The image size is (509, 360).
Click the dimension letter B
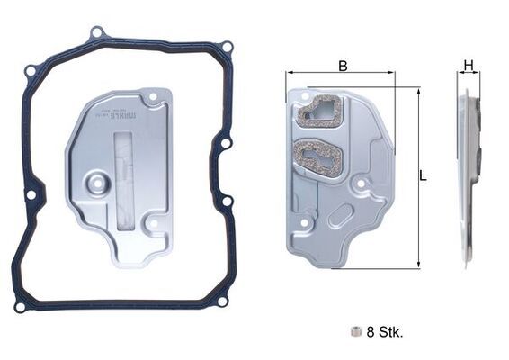click(x=342, y=65)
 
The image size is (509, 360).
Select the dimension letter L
click(x=423, y=177)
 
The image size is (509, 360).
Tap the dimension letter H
click(x=468, y=65)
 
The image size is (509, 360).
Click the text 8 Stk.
click(x=385, y=331)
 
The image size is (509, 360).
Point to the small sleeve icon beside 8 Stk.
click(x=356, y=331)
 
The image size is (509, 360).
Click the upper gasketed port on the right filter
click(x=321, y=112)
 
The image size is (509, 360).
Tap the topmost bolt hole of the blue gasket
click(x=96, y=33)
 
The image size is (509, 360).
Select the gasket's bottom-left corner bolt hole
click(x=20, y=307)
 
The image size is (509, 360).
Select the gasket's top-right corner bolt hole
click(x=227, y=47)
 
